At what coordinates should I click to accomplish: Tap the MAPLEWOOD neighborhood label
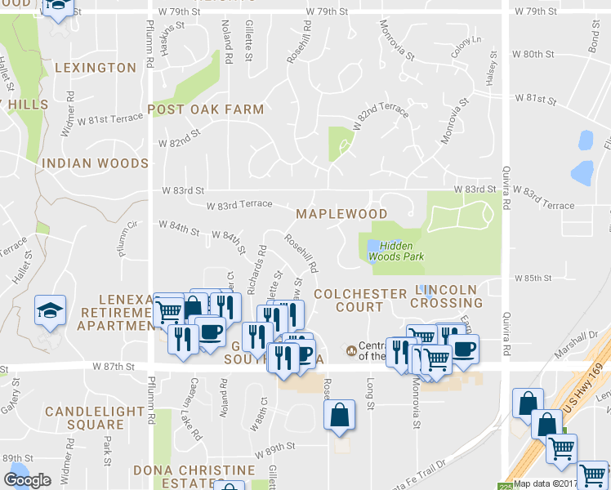tap(341, 214)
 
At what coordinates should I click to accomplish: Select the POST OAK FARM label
tap(205, 109)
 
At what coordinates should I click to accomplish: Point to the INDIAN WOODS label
tap(95, 163)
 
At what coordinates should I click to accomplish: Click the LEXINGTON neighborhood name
tap(96, 67)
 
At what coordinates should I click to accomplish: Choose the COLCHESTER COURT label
tap(359, 300)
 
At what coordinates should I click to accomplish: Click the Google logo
tap(27, 480)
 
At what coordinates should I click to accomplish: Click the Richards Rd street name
tap(256, 267)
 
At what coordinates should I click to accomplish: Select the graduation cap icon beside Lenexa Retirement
tap(50, 310)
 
